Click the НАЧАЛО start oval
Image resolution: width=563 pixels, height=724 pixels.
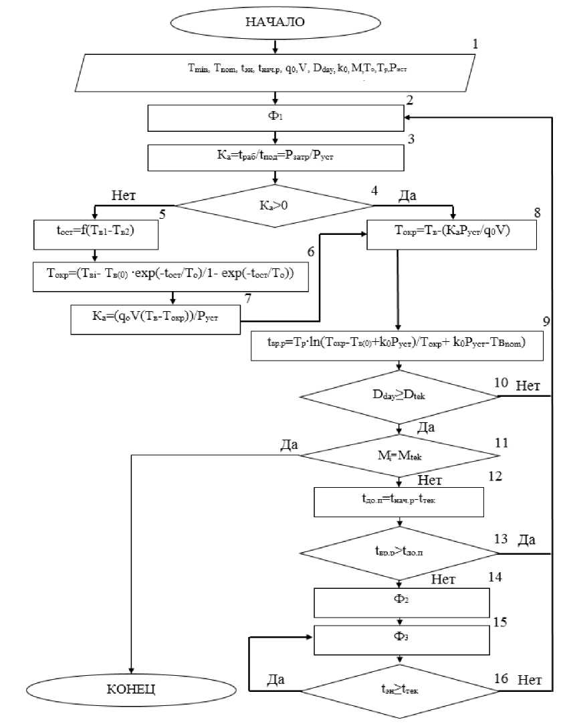pos(275,22)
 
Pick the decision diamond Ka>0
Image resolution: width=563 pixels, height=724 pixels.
pos(274,205)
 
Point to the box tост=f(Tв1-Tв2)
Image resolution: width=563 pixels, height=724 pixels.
pos(94,236)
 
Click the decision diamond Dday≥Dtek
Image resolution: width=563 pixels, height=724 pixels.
pos(400,396)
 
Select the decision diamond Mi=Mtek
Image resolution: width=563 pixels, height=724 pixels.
pos(400,456)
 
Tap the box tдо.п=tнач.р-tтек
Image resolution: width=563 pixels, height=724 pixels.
pos(399,503)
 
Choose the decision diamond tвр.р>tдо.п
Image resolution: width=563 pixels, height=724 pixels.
pos(400,553)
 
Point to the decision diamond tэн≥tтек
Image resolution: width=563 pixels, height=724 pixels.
pos(400,690)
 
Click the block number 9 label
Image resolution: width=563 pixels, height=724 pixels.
pos(547,322)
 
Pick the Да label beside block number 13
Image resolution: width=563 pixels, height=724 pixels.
pos(526,541)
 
